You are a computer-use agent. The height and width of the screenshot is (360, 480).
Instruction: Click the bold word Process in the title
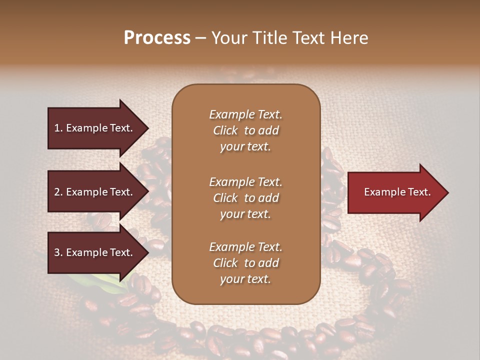(157, 38)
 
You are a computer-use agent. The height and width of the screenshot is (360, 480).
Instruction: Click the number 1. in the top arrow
(58, 128)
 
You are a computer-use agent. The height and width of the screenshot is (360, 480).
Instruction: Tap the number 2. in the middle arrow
(58, 192)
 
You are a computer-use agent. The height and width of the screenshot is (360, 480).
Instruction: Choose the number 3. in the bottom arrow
(58, 252)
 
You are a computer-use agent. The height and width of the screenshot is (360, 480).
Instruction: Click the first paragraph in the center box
(245, 130)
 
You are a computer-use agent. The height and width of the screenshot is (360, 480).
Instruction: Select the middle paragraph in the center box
(245, 198)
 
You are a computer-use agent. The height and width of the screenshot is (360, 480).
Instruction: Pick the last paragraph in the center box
(245, 263)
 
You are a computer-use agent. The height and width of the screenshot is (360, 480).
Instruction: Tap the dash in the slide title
(201, 38)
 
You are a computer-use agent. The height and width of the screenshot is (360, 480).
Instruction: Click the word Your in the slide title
(228, 38)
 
